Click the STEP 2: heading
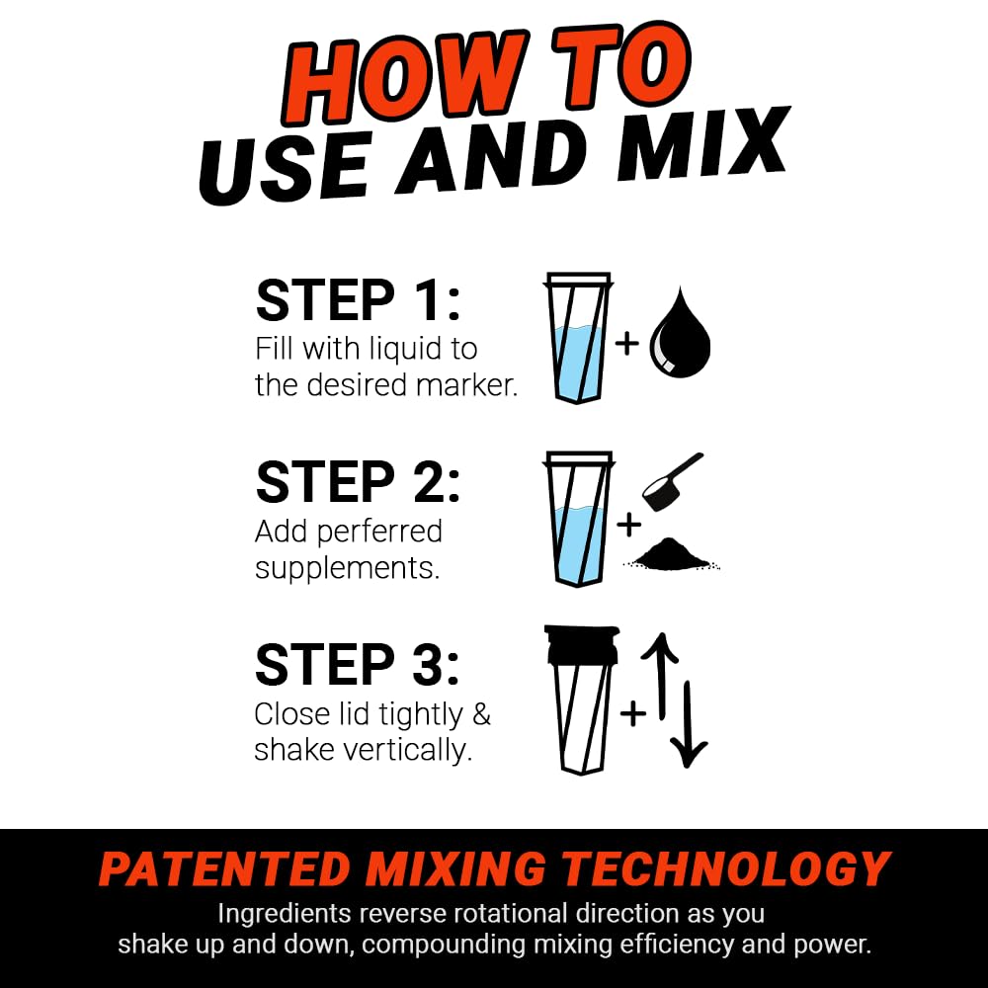pos(358,482)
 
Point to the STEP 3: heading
pos(358,664)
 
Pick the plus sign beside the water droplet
pos(626,344)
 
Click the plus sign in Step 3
pos(632,712)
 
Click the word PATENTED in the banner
pos(224,869)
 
